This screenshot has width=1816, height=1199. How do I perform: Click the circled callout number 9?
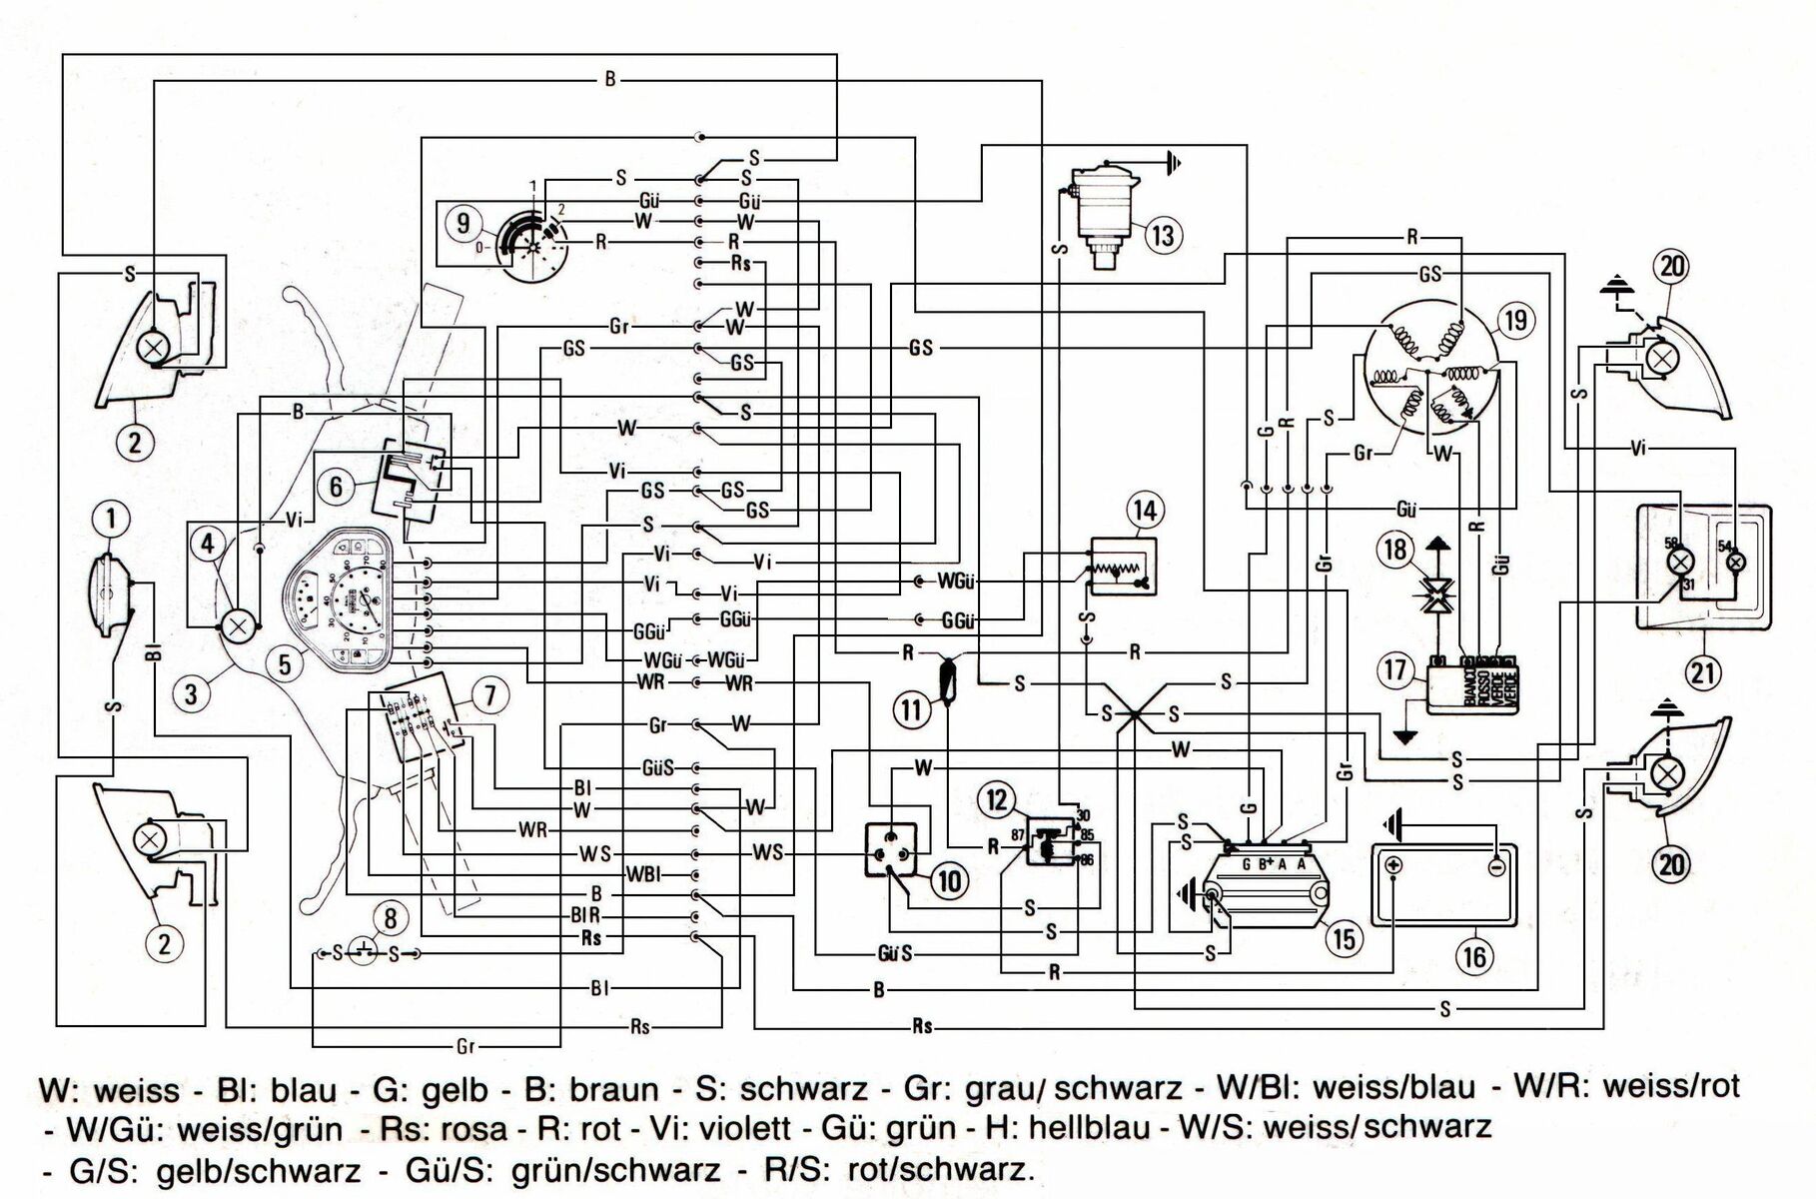pos(462,222)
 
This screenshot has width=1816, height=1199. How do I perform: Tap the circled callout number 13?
pos(1164,236)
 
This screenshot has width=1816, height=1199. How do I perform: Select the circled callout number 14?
pos(1145,511)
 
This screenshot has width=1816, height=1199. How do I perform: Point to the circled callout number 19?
pos(1516,320)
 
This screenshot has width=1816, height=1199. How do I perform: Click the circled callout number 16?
pos(1474,956)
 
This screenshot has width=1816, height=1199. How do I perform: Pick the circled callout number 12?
pos(997,800)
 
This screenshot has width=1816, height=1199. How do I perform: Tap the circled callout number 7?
pos(489,695)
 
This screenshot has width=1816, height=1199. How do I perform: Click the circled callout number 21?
pos(1703,670)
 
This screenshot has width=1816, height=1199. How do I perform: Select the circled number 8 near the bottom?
pos(391,917)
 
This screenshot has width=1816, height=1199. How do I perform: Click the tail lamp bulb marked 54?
pos(1737,563)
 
